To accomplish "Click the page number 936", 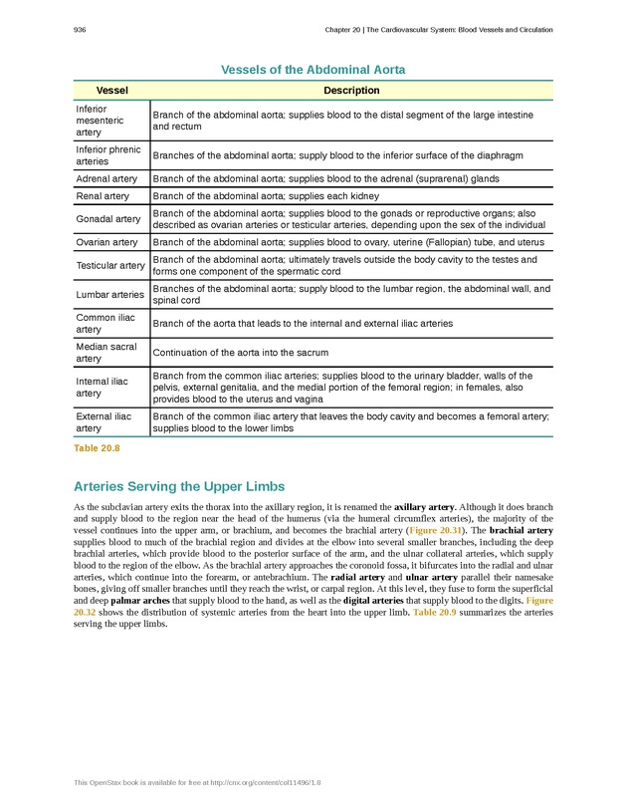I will click(x=80, y=30).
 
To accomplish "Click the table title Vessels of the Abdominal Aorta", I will click(x=313, y=70).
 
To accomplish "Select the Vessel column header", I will click(x=111, y=91).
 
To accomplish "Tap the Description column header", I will click(x=351, y=91).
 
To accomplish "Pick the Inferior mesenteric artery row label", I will click(x=100, y=120).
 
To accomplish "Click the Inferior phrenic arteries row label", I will click(x=102, y=155).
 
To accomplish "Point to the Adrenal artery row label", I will click(x=106, y=179).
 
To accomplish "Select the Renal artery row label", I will click(x=103, y=196).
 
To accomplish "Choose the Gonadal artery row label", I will click(x=107, y=219).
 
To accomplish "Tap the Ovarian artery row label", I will click(x=106, y=242).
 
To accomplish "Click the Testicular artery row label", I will click(x=110, y=265).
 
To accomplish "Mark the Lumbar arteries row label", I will click(x=109, y=294).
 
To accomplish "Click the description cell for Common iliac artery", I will click(x=303, y=323).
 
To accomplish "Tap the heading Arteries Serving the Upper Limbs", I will click(x=179, y=487).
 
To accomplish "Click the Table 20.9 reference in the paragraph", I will click(x=436, y=614).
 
